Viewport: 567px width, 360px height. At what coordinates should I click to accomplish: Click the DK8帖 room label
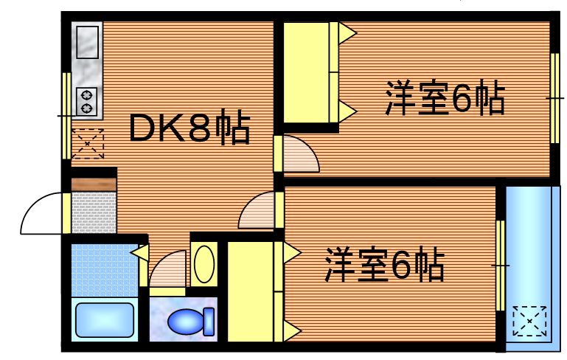(189, 128)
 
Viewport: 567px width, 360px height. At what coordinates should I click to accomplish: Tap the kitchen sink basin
(88, 41)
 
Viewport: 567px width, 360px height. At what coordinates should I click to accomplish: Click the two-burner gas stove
(87, 101)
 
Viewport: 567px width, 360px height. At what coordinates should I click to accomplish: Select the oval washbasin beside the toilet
(204, 263)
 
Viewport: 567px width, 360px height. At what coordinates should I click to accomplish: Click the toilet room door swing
(168, 270)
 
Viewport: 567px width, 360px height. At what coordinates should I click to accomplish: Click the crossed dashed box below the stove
(88, 143)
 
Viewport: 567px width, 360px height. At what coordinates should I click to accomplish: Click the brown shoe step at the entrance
(94, 184)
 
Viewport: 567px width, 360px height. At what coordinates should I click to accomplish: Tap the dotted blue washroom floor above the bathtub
(104, 268)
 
